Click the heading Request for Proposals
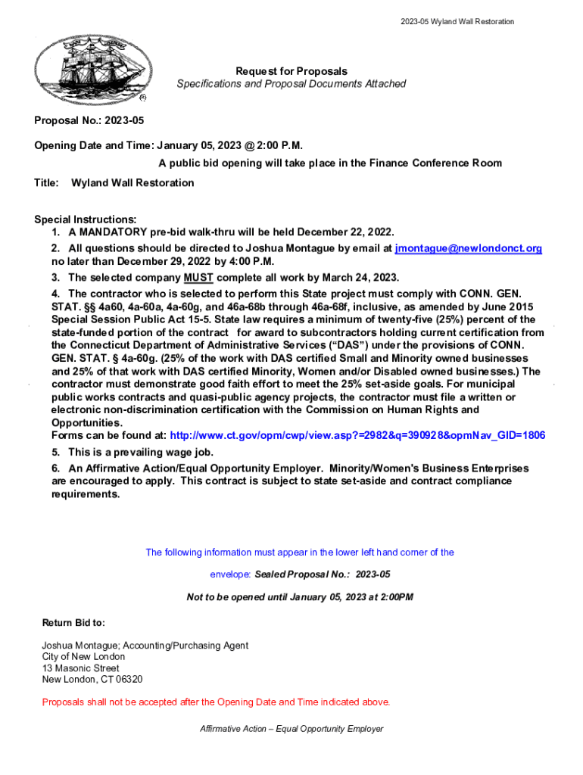[291, 71]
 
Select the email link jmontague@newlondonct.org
[469, 248]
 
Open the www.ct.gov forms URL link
[357, 436]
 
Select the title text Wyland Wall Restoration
[132, 183]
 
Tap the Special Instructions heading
[86, 219]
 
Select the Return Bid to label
[73, 623]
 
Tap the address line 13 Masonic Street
[80, 668]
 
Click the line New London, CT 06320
[92, 680]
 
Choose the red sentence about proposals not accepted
[216, 702]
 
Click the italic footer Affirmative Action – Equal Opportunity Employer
[291, 729]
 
